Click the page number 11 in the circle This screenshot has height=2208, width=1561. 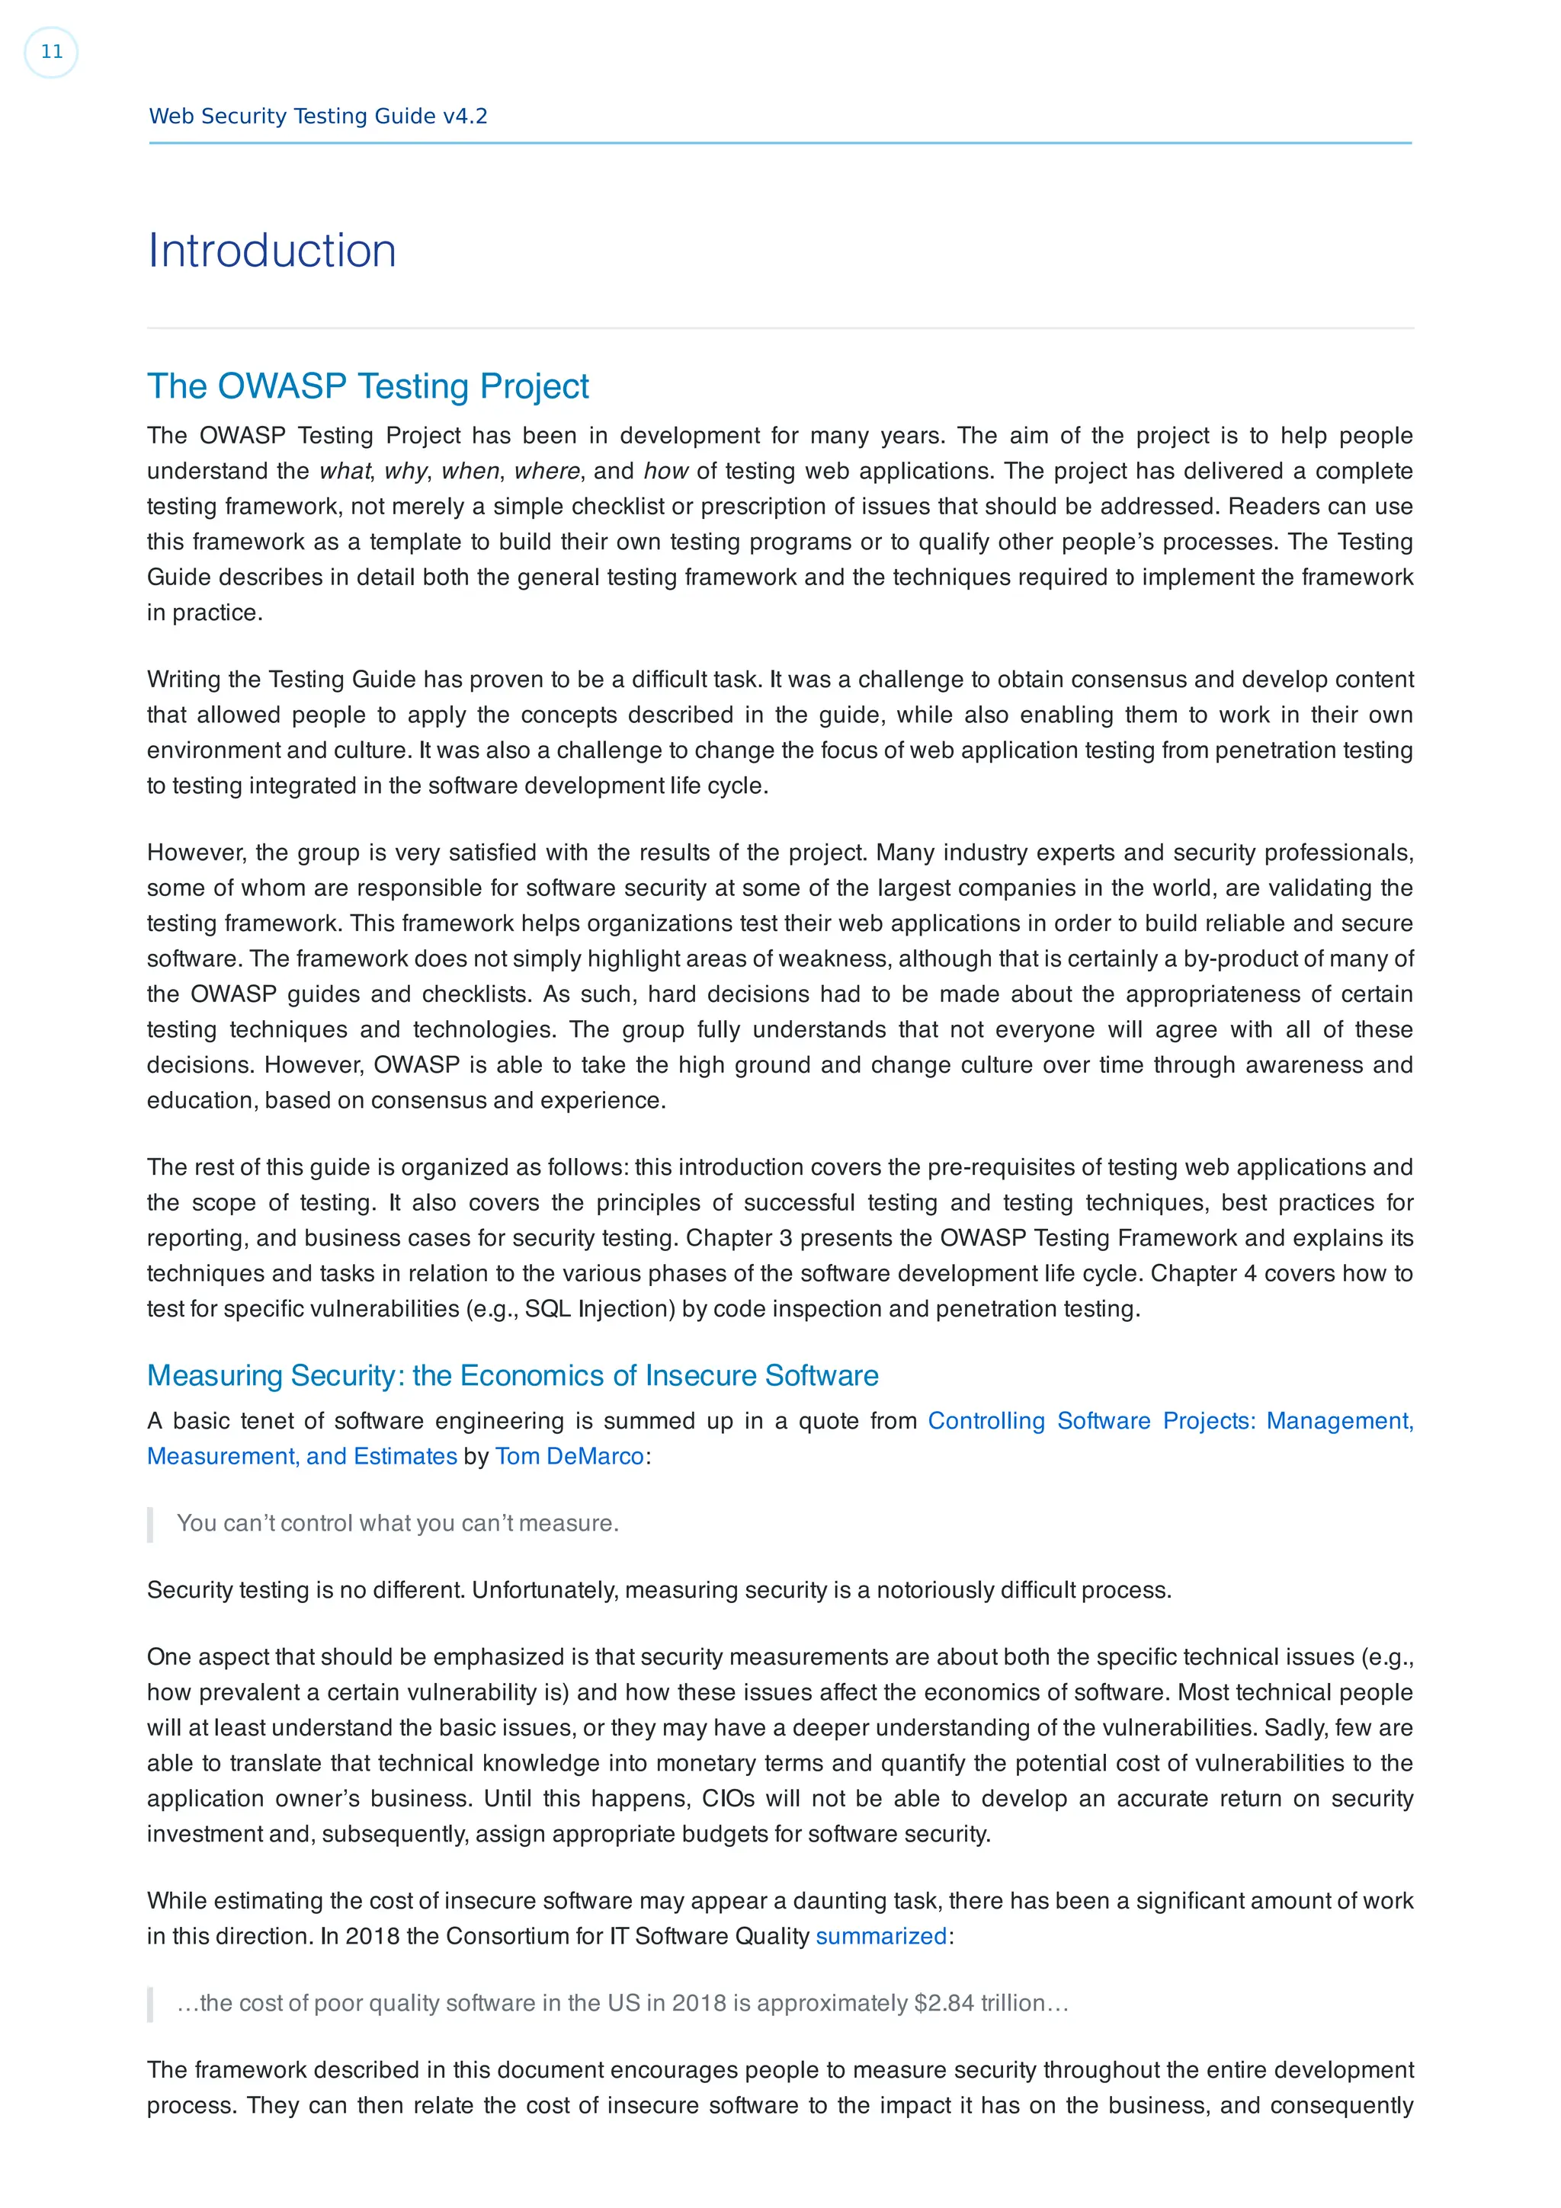tap(51, 52)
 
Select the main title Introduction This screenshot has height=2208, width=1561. tap(271, 251)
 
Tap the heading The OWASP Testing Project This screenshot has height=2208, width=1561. tap(367, 386)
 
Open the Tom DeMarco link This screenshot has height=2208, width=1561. tap(569, 1456)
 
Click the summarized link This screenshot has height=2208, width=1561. tap(880, 1936)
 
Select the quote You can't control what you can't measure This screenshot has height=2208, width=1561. tap(397, 1523)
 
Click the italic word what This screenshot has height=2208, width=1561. tap(345, 471)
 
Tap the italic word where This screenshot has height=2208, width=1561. tap(547, 471)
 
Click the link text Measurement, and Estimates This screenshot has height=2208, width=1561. tap(302, 1456)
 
